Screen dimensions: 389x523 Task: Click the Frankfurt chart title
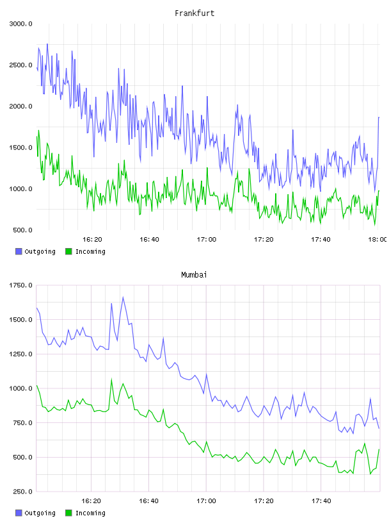click(x=194, y=13)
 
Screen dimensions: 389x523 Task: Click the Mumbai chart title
click(x=194, y=275)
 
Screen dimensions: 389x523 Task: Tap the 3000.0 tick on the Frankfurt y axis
click(x=20, y=24)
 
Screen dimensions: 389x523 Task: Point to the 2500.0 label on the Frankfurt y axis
click(x=20, y=65)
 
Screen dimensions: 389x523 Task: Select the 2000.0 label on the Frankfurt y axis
click(x=20, y=106)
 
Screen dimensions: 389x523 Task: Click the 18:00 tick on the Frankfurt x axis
click(x=377, y=240)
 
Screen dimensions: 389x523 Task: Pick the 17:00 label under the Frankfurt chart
click(x=207, y=240)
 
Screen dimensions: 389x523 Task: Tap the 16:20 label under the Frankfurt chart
click(x=92, y=240)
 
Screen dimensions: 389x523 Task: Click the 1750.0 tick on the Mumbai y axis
click(x=20, y=285)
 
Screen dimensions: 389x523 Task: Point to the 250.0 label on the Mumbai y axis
click(x=22, y=492)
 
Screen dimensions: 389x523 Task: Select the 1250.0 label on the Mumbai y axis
click(x=20, y=354)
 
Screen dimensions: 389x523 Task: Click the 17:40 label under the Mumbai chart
click(x=321, y=501)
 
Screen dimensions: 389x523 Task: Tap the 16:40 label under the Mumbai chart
click(x=148, y=501)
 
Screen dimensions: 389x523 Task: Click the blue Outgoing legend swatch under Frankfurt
click(x=19, y=251)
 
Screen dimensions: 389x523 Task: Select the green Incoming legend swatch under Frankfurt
click(x=68, y=251)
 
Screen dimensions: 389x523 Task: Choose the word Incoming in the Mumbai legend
click(x=90, y=513)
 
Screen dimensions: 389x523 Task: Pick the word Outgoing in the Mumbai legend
click(x=40, y=513)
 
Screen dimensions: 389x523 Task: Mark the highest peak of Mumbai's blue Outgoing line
click(x=123, y=297)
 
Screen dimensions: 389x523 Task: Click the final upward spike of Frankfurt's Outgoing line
click(x=379, y=117)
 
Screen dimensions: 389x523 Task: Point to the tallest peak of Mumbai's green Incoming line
click(x=111, y=379)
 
